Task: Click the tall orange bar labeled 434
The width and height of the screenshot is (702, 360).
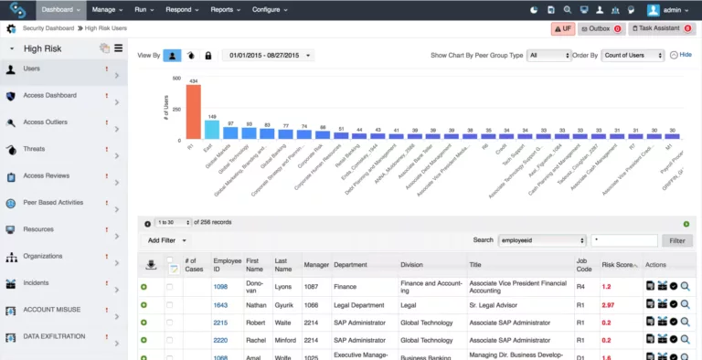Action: coord(193,112)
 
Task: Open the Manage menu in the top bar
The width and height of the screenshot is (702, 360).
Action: coord(108,9)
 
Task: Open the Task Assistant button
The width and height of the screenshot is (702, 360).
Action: coord(661,29)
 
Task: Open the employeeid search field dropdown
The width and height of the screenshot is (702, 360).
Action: coord(542,240)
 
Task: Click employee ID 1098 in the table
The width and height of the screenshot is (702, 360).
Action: coord(220,287)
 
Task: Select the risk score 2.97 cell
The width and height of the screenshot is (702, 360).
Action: coord(608,305)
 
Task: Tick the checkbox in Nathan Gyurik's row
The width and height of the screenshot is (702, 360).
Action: coord(169,305)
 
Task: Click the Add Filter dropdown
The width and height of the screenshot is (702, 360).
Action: coord(168,240)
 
